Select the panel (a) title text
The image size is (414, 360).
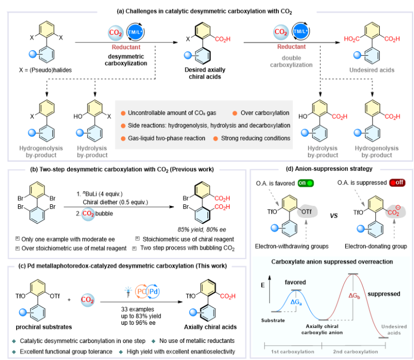(x=207, y=7)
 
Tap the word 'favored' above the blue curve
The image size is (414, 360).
(x=293, y=282)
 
